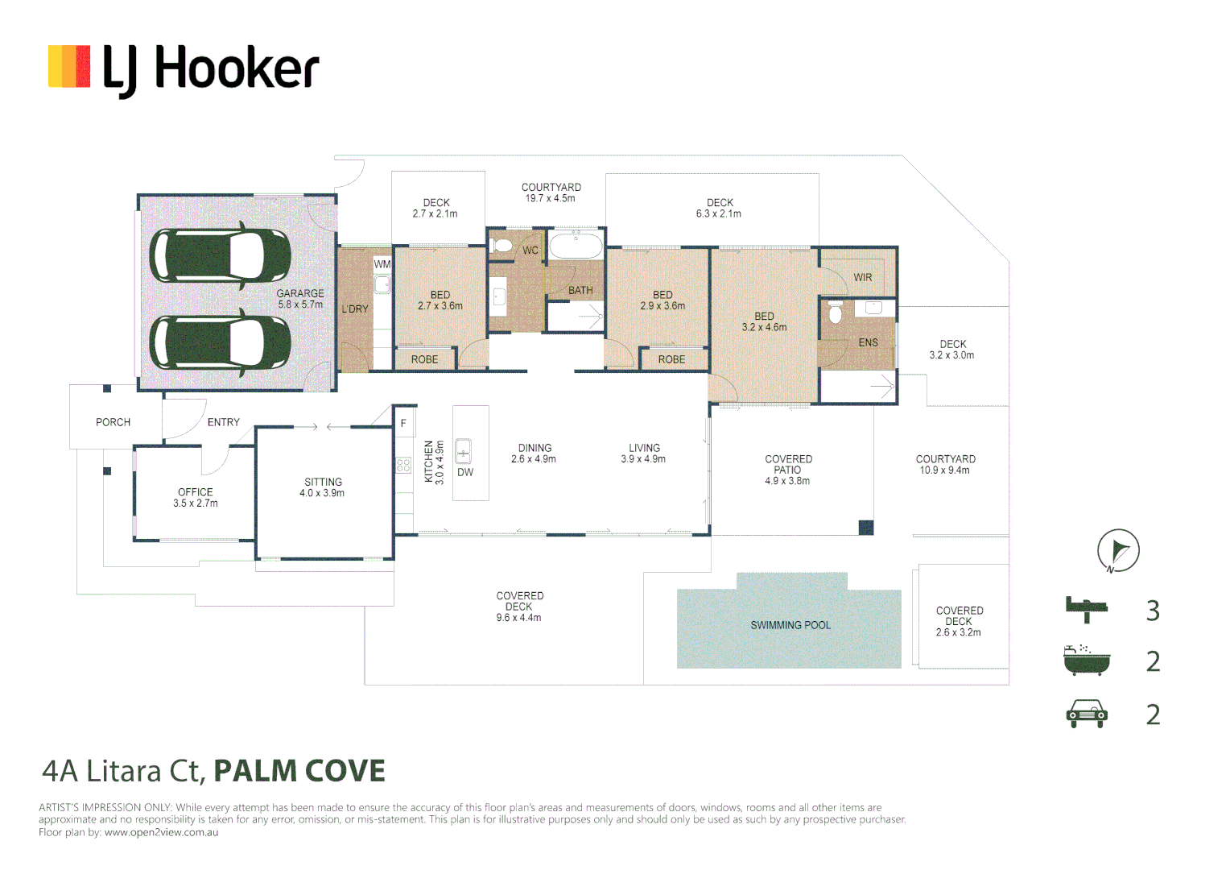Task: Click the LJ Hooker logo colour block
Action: [69, 67]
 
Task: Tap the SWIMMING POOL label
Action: [790, 625]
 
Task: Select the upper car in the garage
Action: [220, 255]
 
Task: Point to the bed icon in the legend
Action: [1086, 610]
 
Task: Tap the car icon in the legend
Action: [1087, 714]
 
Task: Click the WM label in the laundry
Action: [382, 264]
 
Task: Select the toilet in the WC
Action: [501, 245]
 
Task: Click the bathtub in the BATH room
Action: [576, 246]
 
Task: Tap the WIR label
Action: [863, 278]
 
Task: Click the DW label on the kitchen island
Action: [465, 472]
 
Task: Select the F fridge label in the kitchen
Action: [403, 423]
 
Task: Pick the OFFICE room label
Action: [196, 492]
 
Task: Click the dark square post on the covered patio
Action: [866, 528]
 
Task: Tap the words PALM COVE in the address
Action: [299, 771]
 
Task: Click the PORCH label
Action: [114, 422]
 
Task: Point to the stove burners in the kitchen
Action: [403, 466]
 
